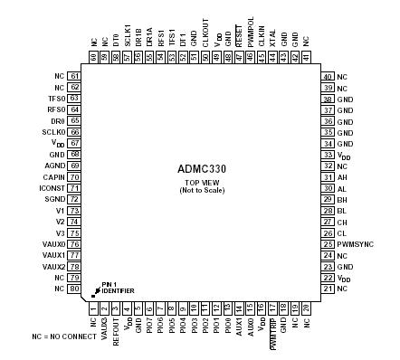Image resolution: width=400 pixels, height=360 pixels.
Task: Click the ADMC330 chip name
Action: click(x=200, y=168)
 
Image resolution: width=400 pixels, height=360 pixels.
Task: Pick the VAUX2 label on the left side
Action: click(x=53, y=267)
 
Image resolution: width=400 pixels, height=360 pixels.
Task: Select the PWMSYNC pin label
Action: click(x=354, y=244)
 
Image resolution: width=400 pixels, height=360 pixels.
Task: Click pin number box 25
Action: click(x=326, y=244)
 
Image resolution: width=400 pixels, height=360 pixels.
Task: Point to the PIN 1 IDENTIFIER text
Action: click(x=118, y=288)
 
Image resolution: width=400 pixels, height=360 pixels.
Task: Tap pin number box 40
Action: click(x=326, y=76)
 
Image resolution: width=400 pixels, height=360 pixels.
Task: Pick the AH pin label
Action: click(x=341, y=177)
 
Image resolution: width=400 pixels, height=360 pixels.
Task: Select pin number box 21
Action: click(x=326, y=289)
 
